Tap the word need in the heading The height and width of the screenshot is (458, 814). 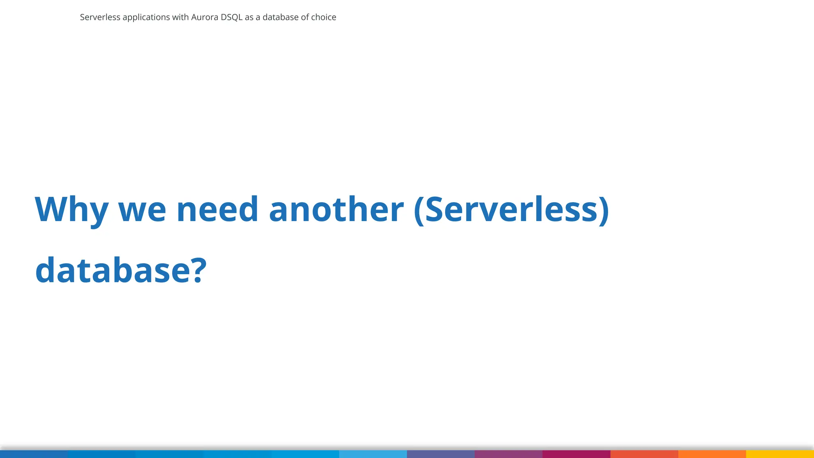[x=217, y=210]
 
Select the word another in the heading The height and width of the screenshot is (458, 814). [x=336, y=210]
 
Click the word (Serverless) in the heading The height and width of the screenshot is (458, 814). [x=511, y=210]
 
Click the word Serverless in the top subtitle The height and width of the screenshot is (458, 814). [x=100, y=17]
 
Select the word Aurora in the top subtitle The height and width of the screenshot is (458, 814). [x=205, y=17]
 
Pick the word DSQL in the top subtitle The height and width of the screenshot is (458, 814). [x=231, y=17]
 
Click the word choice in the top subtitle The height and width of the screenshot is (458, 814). [x=324, y=17]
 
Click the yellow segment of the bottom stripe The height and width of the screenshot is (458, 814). [x=780, y=454]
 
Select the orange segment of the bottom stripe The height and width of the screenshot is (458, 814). [x=712, y=454]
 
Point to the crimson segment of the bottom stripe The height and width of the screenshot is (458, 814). [x=576, y=454]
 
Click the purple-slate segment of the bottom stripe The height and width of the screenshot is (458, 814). [x=440, y=454]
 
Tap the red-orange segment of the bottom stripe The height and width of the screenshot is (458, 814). [x=644, y=454]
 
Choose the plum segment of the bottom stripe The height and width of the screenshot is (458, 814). [x=508, y=454]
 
